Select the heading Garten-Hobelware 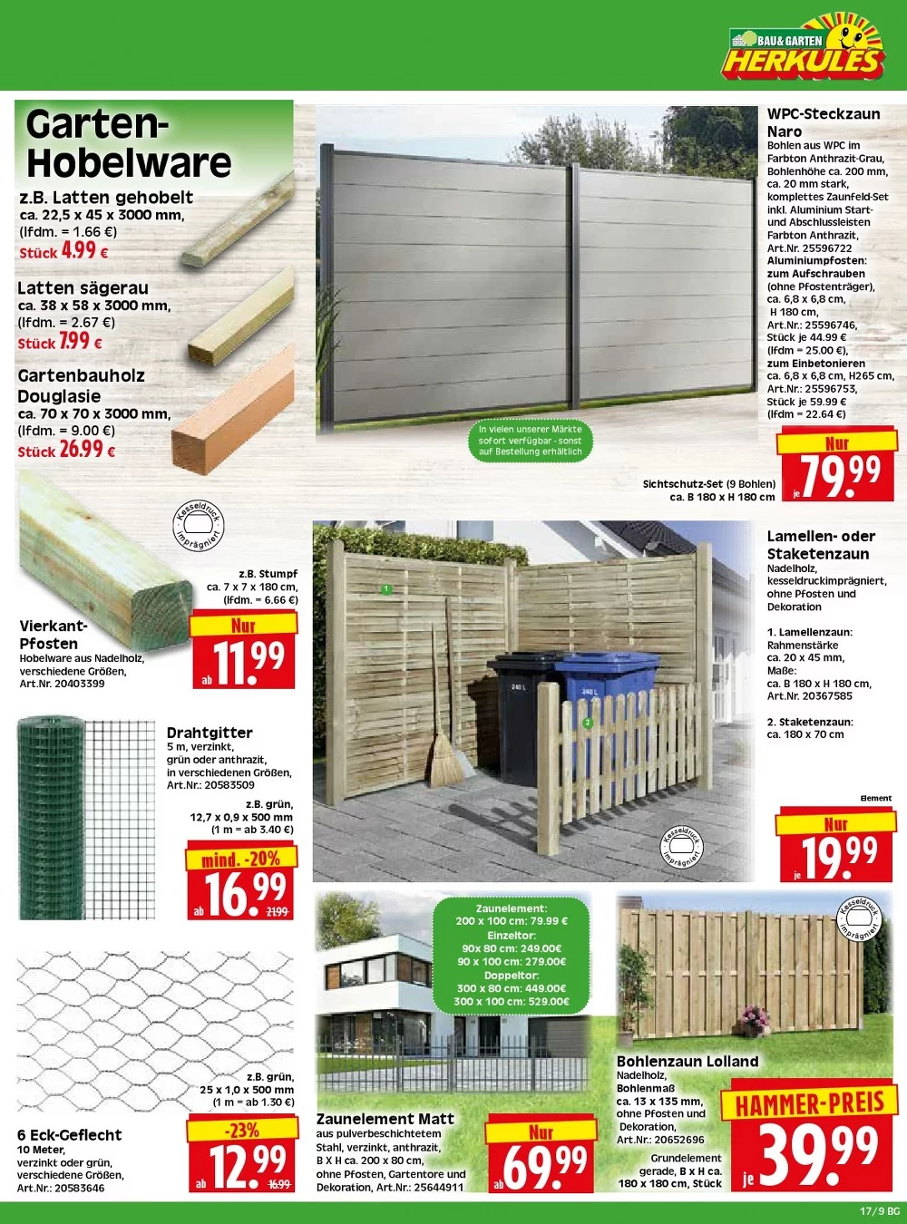(x=129, y=143)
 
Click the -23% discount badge (x=242, y=1130)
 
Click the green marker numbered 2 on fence (x=587, y=723)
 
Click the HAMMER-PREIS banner (x=809, y=1103)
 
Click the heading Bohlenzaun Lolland (x=687, y=1061)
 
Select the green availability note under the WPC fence (x=531, y=440)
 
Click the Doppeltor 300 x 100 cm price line (x=512, y=1001)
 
